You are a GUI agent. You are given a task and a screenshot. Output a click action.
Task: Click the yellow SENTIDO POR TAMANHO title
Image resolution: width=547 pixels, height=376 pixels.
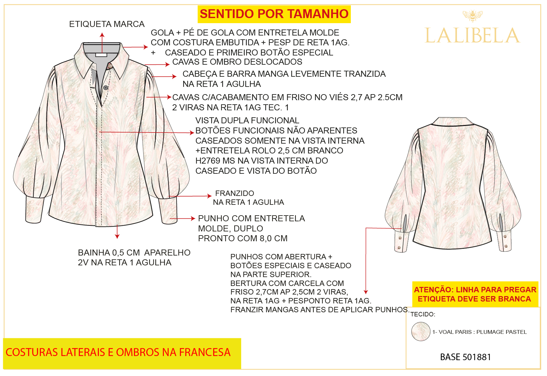click(x=274, y=14)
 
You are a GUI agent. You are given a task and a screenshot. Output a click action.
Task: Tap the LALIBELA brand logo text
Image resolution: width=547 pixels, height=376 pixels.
click(x=472, y=35)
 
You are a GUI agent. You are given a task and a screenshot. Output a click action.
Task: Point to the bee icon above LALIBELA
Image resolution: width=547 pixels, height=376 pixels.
click(x=472, y=16)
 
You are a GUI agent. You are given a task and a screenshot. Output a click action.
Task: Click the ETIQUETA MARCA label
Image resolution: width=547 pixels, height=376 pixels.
click(x=107, y=24)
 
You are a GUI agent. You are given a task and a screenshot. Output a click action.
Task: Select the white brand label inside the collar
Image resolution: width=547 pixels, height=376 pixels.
click(x=101, y=55)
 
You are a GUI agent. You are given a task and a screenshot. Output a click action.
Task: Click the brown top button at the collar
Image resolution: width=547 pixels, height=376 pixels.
click(x=110, y=66)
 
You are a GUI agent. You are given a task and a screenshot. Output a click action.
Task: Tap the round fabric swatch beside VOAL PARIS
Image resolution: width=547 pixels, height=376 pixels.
click(x=421, y=332)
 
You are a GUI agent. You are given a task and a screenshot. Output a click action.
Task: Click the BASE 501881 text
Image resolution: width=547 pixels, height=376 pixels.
click(x=465, y=357)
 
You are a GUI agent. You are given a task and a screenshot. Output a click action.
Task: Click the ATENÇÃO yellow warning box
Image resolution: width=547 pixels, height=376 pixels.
click(x=475, y=294)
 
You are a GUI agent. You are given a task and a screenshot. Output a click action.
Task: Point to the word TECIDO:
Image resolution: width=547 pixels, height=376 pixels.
click(x=423, y=314)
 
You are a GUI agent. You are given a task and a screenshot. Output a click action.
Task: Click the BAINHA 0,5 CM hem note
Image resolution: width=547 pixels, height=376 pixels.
click(x=134, y=257)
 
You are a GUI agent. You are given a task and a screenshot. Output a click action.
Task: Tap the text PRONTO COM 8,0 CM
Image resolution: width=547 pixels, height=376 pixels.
click(x=243, y=238)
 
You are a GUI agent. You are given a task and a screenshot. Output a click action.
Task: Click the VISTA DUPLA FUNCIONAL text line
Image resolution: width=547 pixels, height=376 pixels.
click(x=247, y=120)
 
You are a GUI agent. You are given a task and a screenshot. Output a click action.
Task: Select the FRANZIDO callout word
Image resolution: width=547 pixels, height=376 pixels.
click(x=235, y=193)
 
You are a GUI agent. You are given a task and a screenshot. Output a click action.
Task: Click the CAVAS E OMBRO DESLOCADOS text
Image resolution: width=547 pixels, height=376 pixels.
click(x=237, y=62)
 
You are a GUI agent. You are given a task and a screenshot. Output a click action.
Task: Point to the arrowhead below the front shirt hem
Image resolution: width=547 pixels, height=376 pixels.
click(x=117, y=237)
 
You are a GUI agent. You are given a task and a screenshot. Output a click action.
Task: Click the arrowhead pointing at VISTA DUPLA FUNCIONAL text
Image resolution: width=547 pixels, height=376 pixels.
click(x=192, y=133)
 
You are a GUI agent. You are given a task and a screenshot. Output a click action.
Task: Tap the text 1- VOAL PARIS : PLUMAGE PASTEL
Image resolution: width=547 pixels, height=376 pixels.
click(x=479, y=332)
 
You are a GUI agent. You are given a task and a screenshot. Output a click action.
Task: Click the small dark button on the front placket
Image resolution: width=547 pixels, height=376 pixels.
click(x=106, y=88)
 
